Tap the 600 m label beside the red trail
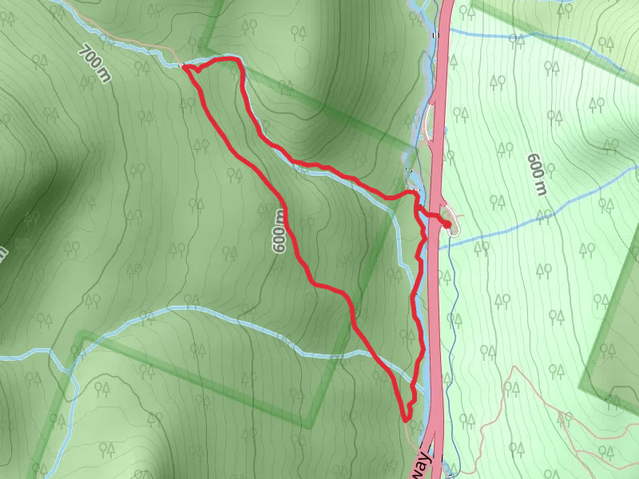279,232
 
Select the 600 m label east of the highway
536,174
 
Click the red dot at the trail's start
445,224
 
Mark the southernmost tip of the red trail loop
405,418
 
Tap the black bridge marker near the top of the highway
435,35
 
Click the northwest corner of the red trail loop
185,67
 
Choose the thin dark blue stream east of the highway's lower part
453,335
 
